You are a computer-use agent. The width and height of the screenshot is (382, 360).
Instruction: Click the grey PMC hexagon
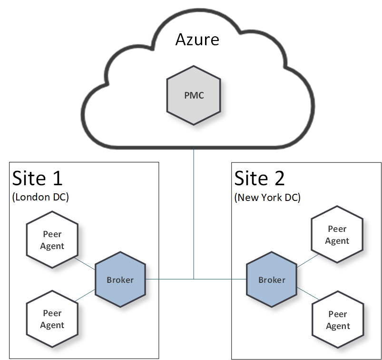point(194,96)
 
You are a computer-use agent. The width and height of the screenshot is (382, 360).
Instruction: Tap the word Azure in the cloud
point(197,39)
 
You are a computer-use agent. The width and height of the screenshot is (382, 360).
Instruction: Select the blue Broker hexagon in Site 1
point(120,280)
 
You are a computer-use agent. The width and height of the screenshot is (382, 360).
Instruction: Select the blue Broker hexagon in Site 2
point(272,280)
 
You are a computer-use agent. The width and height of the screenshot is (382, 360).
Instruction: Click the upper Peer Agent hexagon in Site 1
point(52,240)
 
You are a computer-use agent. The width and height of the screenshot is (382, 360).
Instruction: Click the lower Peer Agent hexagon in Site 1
point(52,319)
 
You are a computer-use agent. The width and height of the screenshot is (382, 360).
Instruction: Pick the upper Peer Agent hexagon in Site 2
point(337,235)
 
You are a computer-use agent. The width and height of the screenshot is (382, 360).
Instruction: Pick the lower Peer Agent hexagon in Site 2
point(338,320)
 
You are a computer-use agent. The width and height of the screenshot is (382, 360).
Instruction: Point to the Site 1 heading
point(37,178)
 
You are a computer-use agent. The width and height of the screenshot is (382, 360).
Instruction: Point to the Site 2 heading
point(260,178)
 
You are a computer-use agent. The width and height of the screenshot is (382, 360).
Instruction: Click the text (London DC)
point(40,198)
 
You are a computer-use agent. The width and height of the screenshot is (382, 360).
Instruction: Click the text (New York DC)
point(267,198)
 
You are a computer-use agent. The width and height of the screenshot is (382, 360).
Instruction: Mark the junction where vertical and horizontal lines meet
point(194,279)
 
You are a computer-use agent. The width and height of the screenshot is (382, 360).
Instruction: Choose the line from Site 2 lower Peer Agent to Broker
point(306,294)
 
